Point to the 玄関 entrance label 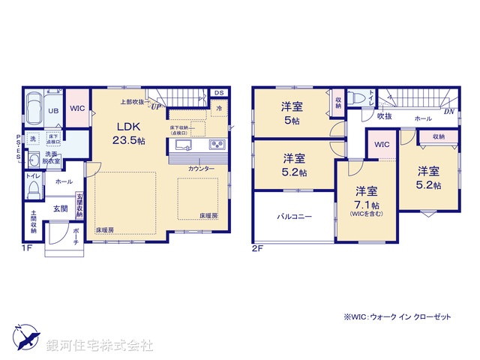click(60, 208)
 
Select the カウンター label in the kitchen click(201, 169)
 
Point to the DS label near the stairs click(219, 94)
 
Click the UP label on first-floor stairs click(155, 106)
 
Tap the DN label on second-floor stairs click(448, 111)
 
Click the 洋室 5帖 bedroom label click(292, 112)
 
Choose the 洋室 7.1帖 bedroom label click(367, 198)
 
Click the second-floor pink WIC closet click(382, 145)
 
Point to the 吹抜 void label click(384, 117)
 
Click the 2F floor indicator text click(257, 247)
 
